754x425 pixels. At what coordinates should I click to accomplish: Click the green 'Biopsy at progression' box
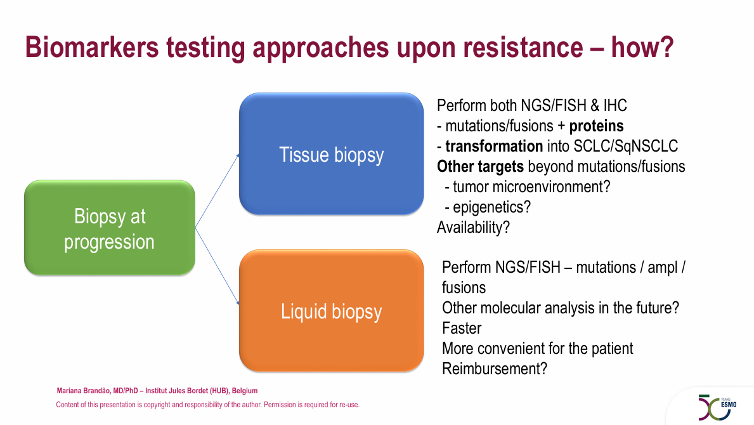coord(110,228)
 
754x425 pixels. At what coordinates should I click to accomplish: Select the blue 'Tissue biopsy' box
coord(331,154)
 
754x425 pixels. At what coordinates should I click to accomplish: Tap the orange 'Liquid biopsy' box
coord(331,311)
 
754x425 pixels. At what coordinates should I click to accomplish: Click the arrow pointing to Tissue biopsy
coord(218,191)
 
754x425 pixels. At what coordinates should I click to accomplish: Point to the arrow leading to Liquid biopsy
coord(218,266)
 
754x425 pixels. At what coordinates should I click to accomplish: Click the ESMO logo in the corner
coord(717,407)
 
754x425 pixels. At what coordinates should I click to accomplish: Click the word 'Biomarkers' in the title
coord(92,47)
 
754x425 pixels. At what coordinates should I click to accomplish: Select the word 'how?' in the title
coord(642,47)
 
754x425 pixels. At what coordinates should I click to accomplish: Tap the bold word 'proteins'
coord(596,126)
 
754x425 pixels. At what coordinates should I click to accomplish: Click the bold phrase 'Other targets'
coord(481,166)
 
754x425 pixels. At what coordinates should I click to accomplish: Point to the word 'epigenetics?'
coord(492,207)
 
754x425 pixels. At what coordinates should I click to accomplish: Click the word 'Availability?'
coord(473,227)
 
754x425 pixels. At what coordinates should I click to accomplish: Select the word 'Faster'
coord(462,329)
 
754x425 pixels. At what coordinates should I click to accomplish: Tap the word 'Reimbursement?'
coord(495,369)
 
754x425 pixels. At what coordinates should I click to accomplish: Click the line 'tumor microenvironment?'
coord(531,186)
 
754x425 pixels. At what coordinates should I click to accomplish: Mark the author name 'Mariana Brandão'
coord(84,391)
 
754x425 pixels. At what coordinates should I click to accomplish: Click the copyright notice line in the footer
coord(208,405)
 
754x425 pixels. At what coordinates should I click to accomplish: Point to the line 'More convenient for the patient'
coord(538,348)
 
